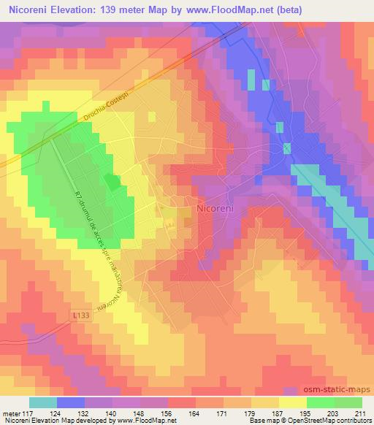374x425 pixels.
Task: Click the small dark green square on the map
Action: [112, 182]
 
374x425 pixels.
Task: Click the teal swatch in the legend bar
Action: [43, 402]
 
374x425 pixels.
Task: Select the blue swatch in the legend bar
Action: [71, 402]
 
